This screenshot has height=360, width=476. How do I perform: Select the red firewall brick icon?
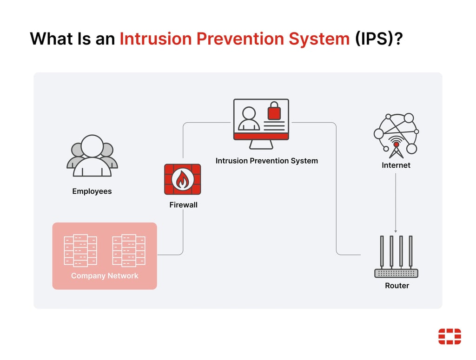[183, 179]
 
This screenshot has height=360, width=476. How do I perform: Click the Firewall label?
[183, 204]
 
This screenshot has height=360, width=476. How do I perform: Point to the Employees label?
[92, 191]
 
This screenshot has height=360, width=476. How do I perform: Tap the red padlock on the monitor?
[274, 112]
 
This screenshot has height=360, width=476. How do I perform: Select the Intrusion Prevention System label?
[267, 161]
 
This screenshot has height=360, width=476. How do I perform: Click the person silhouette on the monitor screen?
[249, 119]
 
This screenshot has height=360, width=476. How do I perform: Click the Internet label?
[396, 165]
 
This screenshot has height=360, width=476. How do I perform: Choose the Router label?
[397, 286]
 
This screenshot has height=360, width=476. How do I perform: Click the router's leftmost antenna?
[382, 251]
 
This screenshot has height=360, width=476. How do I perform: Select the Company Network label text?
[105, 276]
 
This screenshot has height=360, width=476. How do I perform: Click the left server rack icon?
[80, 251]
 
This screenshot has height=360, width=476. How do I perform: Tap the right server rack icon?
[129, 251]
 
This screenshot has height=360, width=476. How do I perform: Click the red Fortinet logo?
[450, 336]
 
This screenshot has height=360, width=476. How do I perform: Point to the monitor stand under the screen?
[261, 144]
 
